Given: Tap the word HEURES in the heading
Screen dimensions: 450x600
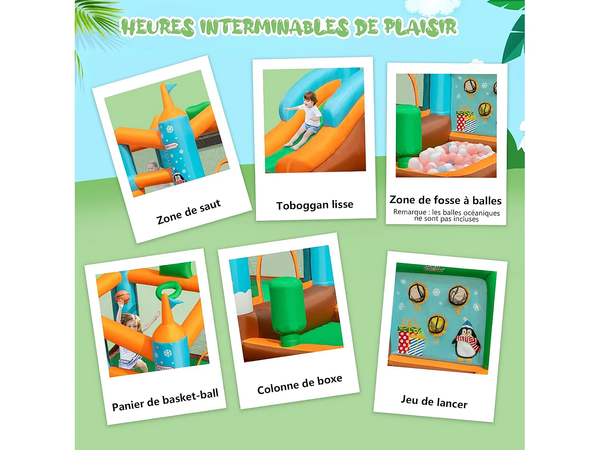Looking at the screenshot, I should point(158,27).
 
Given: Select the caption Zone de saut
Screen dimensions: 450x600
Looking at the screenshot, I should point(188,212).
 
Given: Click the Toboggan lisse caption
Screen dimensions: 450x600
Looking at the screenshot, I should point(315,205).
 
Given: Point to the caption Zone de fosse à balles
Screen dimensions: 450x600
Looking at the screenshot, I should point(445,200).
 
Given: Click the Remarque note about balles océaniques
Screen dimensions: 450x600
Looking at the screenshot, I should point(446,216).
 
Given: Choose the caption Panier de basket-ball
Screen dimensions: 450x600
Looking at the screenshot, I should point(165,400).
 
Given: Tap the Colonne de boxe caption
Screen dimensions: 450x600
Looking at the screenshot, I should point(300,384).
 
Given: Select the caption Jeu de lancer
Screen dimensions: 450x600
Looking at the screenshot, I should point(434,401).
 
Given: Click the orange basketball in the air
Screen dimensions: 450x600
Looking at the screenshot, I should point(122,296).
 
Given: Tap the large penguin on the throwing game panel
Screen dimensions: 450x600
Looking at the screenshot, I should point(466,340).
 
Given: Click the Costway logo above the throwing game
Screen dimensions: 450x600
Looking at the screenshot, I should point(434,268).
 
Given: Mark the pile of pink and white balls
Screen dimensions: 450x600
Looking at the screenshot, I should point(456,157).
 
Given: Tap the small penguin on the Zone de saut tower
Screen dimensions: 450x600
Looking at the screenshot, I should point(179,177).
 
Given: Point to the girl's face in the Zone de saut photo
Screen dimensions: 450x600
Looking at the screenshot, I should point(152,167).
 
